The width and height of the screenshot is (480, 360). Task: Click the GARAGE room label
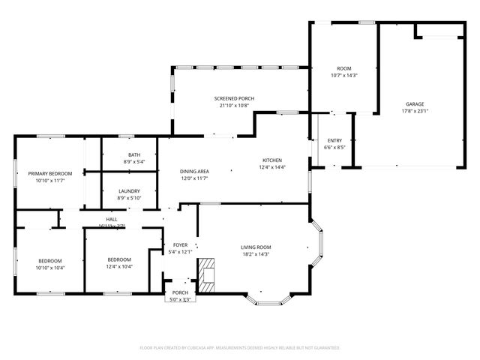tap(415, 103)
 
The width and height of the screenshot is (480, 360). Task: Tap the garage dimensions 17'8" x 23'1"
tap(415, 111)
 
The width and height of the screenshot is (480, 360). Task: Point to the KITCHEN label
tap(271, 160)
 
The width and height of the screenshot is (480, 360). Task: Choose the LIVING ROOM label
tap(256, 247)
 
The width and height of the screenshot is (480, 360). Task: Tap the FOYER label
tap(180, 244)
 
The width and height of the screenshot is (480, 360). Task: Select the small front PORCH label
tap(180, 292)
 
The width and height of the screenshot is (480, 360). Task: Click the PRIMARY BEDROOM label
tap(49, 173)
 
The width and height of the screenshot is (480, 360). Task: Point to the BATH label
tap(133, 154)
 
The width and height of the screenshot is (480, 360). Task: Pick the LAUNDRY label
tap(129, 190)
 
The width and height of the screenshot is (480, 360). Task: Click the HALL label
tap(111, 219)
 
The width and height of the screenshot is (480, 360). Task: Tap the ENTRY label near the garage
tap(334, 140)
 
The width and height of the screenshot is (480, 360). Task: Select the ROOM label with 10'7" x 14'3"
tap(343, 68)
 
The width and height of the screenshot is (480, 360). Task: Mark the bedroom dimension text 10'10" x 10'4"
tap(51, 268)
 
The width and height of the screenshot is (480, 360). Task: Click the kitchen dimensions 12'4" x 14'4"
tap(271, 166)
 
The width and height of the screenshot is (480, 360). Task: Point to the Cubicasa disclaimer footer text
tap(240, 347)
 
